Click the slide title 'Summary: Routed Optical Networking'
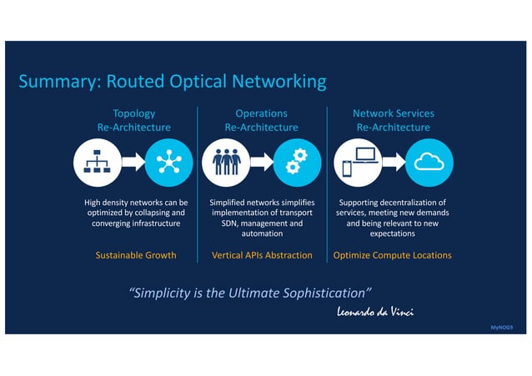pos(173,82)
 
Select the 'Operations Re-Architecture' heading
pos(261,120)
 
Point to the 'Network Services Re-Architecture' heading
pos(393,120)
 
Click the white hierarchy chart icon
pos(97,162)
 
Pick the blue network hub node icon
pos(168,162)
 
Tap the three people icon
pos(226,162)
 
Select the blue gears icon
pos(298,162)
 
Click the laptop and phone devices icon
pos(359,162)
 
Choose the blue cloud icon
pos(429,162)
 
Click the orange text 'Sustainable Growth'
pos(136,255)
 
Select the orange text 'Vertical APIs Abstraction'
pos(262,255)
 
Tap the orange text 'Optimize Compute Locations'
pos(392,255)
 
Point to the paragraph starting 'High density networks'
pos(136,213)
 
